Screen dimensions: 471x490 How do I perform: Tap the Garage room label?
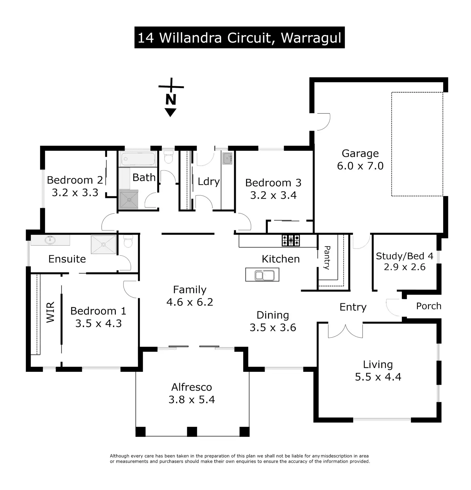coord(360,153)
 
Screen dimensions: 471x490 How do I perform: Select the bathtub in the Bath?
coord(138,159)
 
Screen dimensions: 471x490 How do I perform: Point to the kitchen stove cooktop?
coord(291,240)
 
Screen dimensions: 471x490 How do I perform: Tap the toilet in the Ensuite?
coord(128,241)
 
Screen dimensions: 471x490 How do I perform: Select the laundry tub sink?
coord(228,158)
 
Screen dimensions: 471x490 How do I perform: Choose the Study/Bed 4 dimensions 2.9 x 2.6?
coord(405,267)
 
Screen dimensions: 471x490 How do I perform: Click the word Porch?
coord(429,306)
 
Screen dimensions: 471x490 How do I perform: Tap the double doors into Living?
coord(346,331)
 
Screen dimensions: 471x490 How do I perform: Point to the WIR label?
coord(51,312)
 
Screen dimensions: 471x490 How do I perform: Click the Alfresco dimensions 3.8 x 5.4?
coord(192,399)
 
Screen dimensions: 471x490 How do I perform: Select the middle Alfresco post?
coord(192,432)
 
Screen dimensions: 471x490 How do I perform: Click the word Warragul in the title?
coord(311,38)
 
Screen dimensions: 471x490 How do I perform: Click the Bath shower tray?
coord(129,200)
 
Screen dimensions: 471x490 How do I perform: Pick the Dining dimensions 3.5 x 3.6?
coord(273,327)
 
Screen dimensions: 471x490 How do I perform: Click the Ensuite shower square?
coord(103,245)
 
